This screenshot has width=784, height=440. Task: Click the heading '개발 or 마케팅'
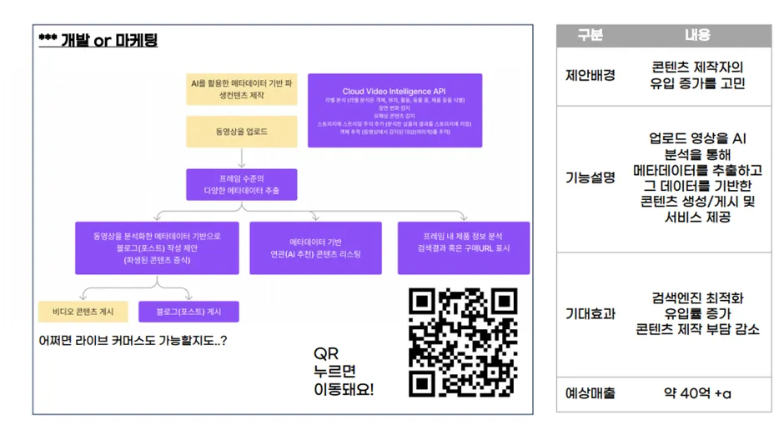tap(98, 41)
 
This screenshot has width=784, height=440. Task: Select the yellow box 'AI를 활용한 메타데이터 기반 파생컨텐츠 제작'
tap(241, 89)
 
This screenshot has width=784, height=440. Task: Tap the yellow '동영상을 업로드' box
tap(241, 132)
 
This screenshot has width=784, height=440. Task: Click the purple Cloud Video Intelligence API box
tap(395, 110)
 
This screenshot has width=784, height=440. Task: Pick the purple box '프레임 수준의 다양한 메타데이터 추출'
tap(241, 184)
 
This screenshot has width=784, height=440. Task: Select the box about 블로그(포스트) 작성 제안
tap(157, 247)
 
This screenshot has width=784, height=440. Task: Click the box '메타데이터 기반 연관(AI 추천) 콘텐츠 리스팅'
tap(315, 247)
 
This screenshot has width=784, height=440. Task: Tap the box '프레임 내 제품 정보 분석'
tap(464, 247)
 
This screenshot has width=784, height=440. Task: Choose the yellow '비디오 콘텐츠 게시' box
tap(83, 312)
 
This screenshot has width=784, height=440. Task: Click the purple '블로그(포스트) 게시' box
tap(188, 312)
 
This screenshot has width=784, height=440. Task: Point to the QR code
tap(463, 342)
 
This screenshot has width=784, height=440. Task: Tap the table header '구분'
tap(590, 36)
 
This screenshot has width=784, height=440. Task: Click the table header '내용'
tap(697, 36)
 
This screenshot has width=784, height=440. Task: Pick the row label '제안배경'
tap(590, 75)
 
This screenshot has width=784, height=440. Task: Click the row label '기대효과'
tap(590, 314)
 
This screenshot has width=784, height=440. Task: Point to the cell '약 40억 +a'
tap(697, 392)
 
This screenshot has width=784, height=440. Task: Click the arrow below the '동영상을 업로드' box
tap(241, 157)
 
